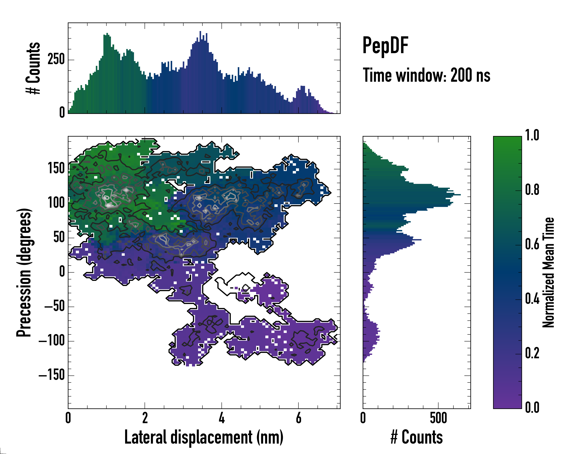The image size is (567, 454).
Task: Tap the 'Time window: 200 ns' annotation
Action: [x=426, y=75]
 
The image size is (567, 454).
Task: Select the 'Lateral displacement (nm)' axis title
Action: [x=204, y=437]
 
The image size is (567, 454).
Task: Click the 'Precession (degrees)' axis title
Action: [x=24, y=272]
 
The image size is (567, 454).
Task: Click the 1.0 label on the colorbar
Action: [x=532, y=136]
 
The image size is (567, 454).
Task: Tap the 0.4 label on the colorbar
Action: [x=532, y=299]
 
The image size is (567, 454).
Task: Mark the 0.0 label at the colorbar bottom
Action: [x=532, y=407]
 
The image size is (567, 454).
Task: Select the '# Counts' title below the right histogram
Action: [x=417, y=437]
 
